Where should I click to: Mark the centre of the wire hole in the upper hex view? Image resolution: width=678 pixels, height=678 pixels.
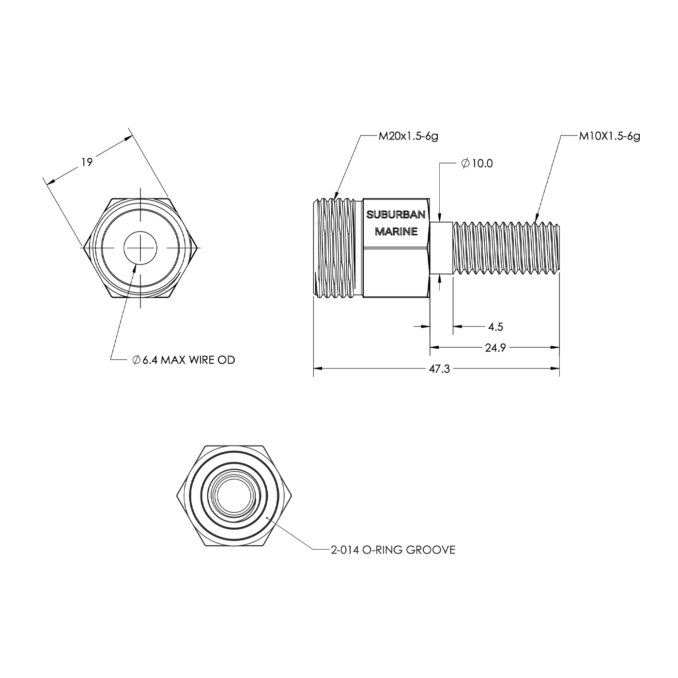pos(140,248)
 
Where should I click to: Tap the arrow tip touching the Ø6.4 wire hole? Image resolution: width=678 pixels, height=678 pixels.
pos(136,264)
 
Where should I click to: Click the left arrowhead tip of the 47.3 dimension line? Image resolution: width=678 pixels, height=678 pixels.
pos(313,369)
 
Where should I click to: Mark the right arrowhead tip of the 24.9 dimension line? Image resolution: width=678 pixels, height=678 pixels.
pos(559,348)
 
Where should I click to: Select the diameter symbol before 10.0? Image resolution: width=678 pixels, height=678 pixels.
pos(465,163)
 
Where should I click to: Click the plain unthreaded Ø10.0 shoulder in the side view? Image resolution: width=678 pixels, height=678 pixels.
pos(441,248)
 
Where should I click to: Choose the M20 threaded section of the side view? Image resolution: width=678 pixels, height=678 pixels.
pos(338,248)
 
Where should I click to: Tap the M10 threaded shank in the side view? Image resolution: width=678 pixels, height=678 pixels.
pos(506,248)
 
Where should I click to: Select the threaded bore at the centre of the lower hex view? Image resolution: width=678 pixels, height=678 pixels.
pos(233,496)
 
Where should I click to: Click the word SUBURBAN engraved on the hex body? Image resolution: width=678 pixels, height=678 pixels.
pos(396,214)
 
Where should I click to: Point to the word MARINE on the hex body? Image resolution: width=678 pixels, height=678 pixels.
pos(396,231)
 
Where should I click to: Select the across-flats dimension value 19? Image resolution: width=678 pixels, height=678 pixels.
pos(87,162)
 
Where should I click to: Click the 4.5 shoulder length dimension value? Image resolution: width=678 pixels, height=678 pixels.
pos(495,327)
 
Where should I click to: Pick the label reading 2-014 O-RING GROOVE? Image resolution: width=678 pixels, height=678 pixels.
pos(393,550)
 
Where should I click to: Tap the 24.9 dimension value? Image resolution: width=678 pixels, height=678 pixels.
pos(495,348)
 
